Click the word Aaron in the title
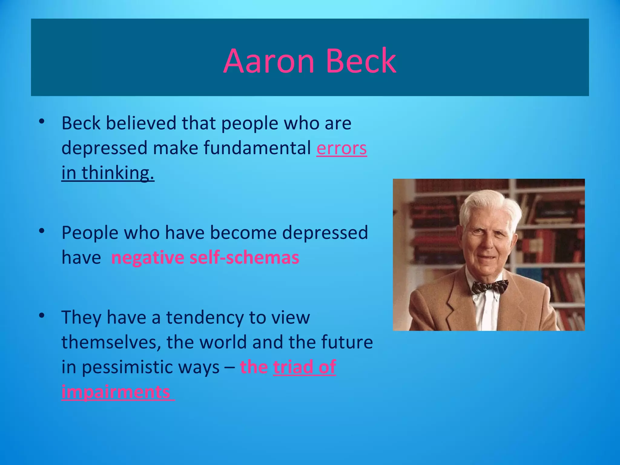(269, 61)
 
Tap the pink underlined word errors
(341, 148)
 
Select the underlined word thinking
(118, 173)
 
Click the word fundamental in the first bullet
(257, 148)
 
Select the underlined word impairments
(116, 392)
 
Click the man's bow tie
(489, 286)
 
